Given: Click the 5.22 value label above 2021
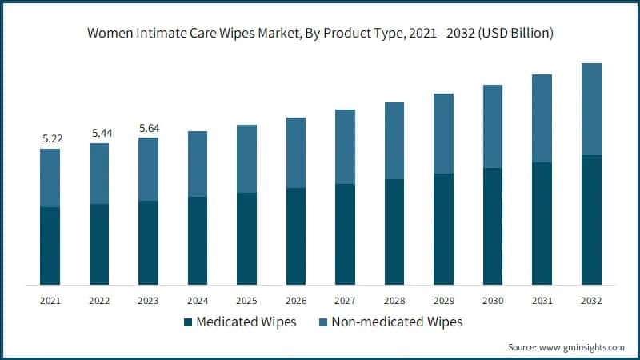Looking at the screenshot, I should pos(51,138).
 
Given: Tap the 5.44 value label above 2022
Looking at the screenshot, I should pos(100,133).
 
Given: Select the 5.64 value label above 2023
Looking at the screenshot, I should pos(149,127).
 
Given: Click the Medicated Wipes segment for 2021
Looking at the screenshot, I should pos(50,246).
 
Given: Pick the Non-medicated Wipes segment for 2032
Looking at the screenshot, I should pos(591,109).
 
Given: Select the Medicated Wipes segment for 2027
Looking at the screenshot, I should pos(346,234).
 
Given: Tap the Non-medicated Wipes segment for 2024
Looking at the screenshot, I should pos(198,164).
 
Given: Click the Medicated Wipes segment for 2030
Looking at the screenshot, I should pos(493,226).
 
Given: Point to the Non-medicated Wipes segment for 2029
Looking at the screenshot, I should pos(444,134).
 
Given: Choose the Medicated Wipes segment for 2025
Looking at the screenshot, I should pos(247,238).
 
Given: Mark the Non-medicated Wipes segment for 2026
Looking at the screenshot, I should pos(296,153).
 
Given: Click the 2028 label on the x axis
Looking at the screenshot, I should pos(394,300).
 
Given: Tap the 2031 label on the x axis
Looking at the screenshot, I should pos(542,300).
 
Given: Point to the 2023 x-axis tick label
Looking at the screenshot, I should pos(149,300).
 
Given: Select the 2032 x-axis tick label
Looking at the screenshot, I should pos(591,300).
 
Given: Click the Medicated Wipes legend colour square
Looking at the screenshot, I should pos(188,322).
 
